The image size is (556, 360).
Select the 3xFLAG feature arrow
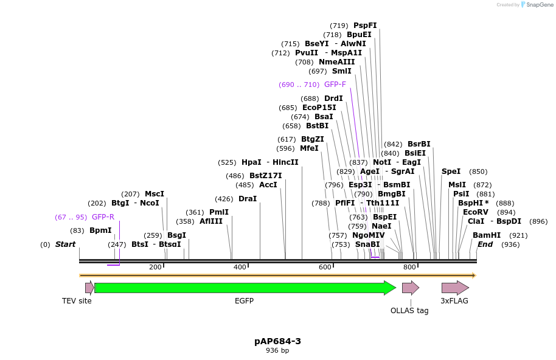tap(454, 288)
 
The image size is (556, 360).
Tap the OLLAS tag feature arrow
tap(411, 288)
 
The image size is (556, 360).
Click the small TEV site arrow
tap(89, 288)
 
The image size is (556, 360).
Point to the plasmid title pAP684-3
tap(277, 341)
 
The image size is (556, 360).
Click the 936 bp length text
tap(277, 351)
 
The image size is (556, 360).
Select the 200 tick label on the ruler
tap(155, 267)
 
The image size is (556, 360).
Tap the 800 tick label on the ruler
tap(409, 267)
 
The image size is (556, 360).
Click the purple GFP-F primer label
tap(335, 85)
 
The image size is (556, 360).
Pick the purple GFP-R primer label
tap(103, 217)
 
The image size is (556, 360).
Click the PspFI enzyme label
tap(365, 26)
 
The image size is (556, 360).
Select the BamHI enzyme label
tap(487, 235)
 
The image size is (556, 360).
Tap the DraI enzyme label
tap(248, 199)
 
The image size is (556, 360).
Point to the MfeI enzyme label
tap(309, 148)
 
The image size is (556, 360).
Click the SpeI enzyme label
tap(451, 171)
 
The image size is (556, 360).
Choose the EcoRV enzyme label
tap(476, 212)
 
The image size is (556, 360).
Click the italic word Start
tap(65, 244)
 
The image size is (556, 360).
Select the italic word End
tap(485, 244)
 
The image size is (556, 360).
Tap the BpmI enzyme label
tap(100, 230)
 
